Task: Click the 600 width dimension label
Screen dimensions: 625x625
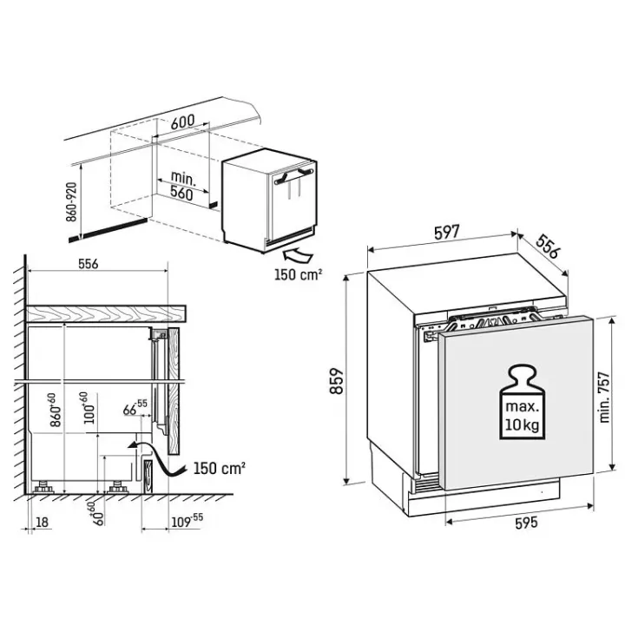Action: [x=182, y=122]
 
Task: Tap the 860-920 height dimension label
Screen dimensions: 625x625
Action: [x=71, y=201]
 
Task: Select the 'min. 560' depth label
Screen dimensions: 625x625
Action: [x=182, y=186]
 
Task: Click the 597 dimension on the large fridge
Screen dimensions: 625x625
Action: [x=447, y=233]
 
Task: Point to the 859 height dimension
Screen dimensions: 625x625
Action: [x=337, y=381]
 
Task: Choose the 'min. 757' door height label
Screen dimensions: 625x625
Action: [x=604, y=397]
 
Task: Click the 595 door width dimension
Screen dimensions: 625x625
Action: [x=526, y=523]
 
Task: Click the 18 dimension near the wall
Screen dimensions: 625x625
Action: [x=42, y=522]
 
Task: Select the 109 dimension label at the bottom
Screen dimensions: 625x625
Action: [x=187, y=521]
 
